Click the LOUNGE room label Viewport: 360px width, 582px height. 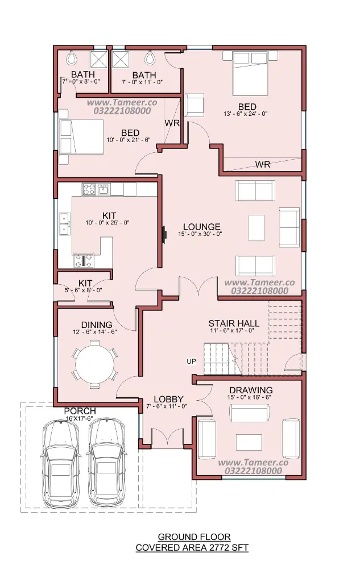pos(202,227)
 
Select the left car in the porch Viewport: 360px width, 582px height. pos(60,464)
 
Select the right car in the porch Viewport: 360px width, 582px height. pos(106,464)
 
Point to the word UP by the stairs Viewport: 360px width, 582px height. pos(191,361)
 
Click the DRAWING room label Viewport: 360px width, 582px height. pos(251,390)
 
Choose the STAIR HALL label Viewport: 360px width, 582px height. pos(234,323)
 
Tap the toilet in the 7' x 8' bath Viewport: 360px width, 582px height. pos(71,57)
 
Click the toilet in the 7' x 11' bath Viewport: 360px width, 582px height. pos(150,57)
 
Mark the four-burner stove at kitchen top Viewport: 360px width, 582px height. pos(89,189)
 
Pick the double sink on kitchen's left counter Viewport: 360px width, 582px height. pos(65,224)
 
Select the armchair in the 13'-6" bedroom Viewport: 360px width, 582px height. pos(194,105)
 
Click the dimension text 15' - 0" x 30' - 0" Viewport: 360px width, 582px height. pos(200,234)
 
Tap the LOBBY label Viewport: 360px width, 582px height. pos(169,399)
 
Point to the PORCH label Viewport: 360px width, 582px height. pos(80,411)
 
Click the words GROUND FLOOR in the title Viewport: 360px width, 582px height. pos(195,537)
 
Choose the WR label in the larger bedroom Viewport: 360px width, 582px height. pos(263,164)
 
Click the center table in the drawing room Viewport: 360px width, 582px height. pos(249,442)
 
